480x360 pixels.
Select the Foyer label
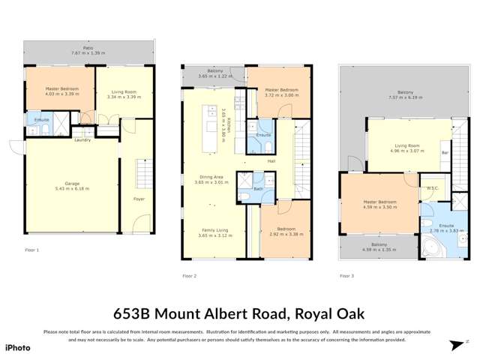[139, 199]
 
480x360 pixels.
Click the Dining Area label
[210, 177]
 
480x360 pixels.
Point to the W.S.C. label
[433, 187]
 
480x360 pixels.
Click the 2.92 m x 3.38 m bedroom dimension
[285, 235]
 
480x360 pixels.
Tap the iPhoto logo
[18, 347]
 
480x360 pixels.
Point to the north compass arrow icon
[456, 345]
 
